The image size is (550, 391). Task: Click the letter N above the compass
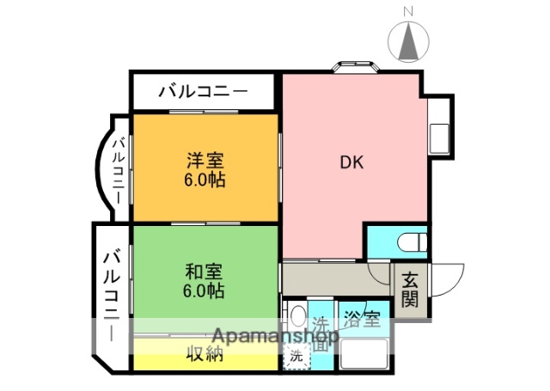coord(410,10)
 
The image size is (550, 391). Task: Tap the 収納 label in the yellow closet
coord(206,353)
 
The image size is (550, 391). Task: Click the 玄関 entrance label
coord(409,289)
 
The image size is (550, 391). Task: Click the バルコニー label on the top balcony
coord(202,90)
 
